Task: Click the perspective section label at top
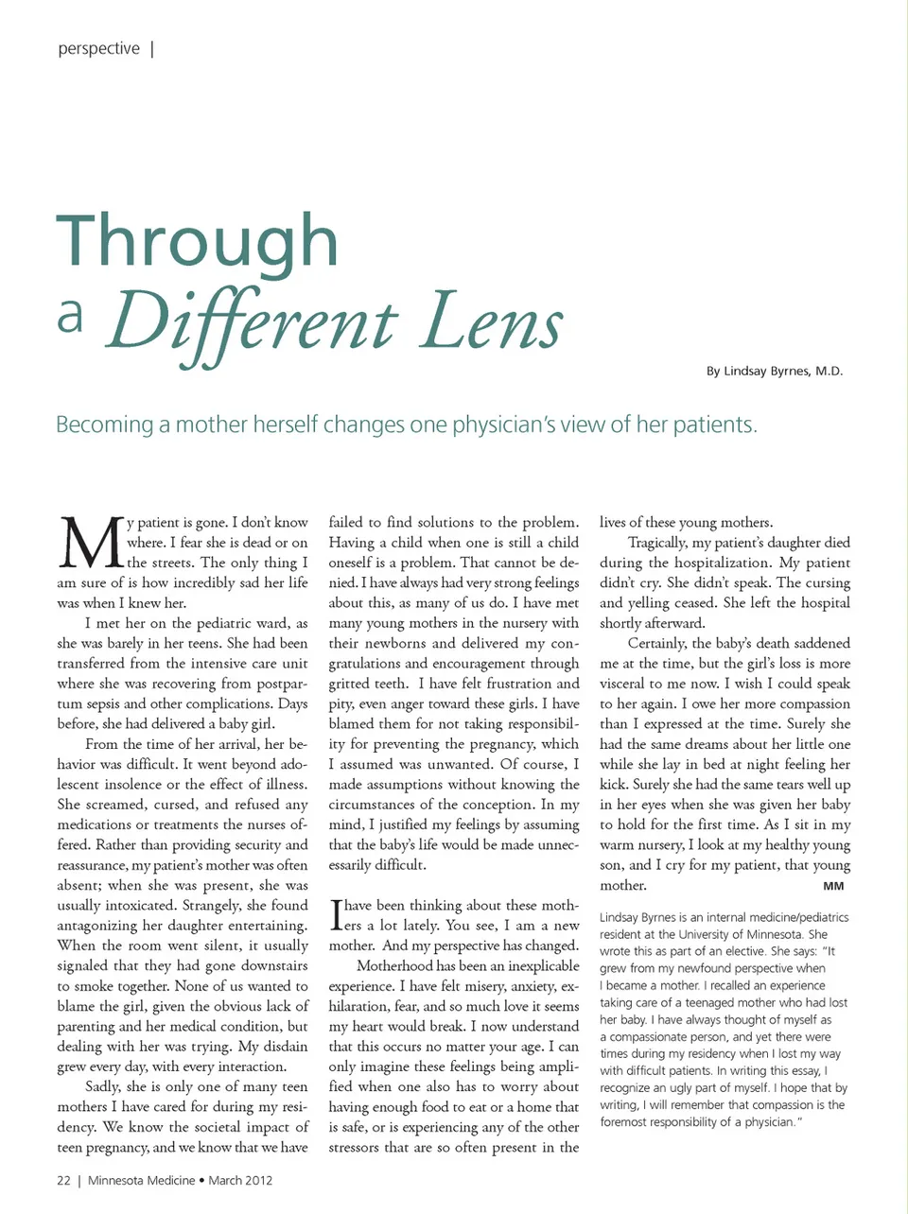click(x=98, y=48)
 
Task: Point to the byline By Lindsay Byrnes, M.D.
click(x=774, y=371)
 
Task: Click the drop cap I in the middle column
click(x=335, y=915)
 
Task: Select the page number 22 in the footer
click(x=63, y=1180)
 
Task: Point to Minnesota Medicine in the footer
click(x=141, y=1180)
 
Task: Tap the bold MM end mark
click(x=833, y=886)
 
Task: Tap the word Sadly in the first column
click(x=101, y=1087)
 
